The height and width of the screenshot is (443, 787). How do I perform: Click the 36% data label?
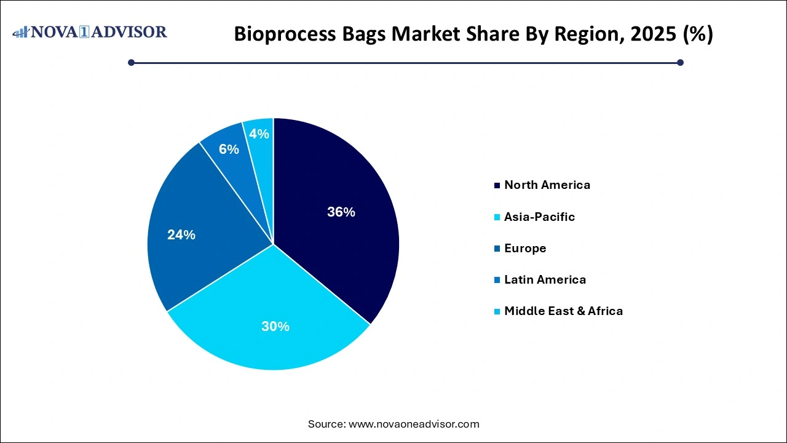click(x=341, y=212)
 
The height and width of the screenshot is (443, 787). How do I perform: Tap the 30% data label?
click(x=275, y=327)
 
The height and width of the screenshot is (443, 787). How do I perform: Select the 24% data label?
click(x=181, y=234)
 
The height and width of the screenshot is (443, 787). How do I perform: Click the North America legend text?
click(x=547, y=185)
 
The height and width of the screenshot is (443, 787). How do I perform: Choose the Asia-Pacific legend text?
click(x=539, y=217)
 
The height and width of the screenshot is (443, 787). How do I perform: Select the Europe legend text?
click(x=525, y=248)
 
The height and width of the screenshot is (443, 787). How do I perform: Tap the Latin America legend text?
click(x=545, y=279)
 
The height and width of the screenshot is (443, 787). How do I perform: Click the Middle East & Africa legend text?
click(x=563, y=311)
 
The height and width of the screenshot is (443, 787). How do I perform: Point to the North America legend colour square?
click(x=497, y=185)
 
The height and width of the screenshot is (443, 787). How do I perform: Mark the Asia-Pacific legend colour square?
click(x=497, y=217)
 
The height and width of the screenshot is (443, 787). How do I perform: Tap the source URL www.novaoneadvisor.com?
click(x=414, y=424)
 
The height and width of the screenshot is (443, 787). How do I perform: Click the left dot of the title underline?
click(x=131, y=62)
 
